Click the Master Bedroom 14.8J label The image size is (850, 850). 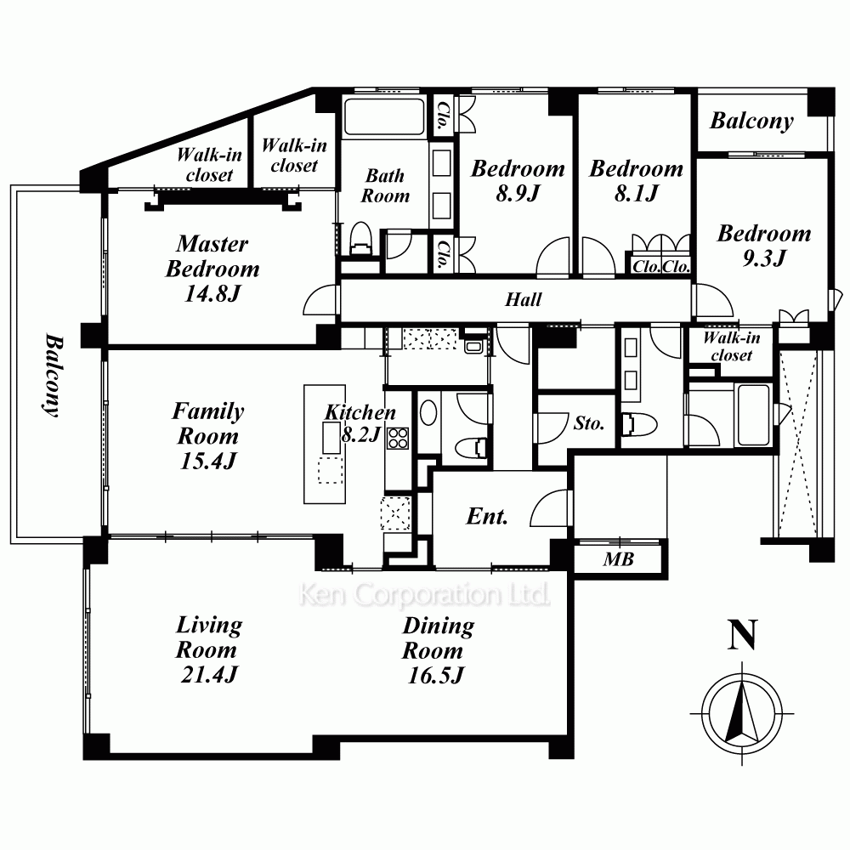coord(212,269)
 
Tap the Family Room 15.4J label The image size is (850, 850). coord(208,436)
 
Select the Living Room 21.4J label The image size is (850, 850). coord(209,649)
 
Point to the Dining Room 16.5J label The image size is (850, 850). coord(438,650)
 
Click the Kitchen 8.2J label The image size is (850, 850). coord(360,422)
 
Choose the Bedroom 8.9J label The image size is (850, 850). coord(518,180)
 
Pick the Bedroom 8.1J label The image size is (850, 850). coord(637,180)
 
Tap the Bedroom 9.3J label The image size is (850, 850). coord(764,245)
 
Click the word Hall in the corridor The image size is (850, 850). coord(523,300)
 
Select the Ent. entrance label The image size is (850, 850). coord(487,516)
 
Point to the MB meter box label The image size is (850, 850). coord(619,559)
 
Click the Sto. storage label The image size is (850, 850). coord(589,422)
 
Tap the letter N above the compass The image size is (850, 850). coord(742,634)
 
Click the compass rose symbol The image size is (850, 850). coord(742,713)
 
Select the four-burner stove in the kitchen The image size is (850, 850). coord(398,439)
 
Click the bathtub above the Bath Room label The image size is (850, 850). coord(384,116)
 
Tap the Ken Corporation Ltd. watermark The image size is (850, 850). coord(424,595)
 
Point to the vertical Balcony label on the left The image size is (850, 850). coord(54,375)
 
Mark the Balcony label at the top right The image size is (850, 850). coord(752,121)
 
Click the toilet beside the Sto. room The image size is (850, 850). coord(638,424)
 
